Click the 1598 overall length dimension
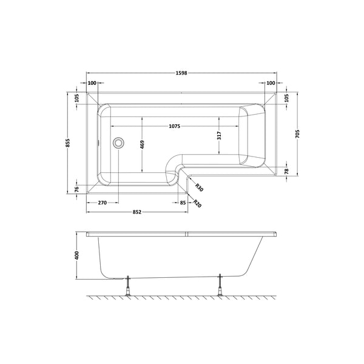182,72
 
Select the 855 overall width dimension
69,143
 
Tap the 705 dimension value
297,133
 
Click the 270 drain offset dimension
103,203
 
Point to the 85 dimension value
183,203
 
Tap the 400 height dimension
77,255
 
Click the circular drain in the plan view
118,143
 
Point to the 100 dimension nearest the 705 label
271,83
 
